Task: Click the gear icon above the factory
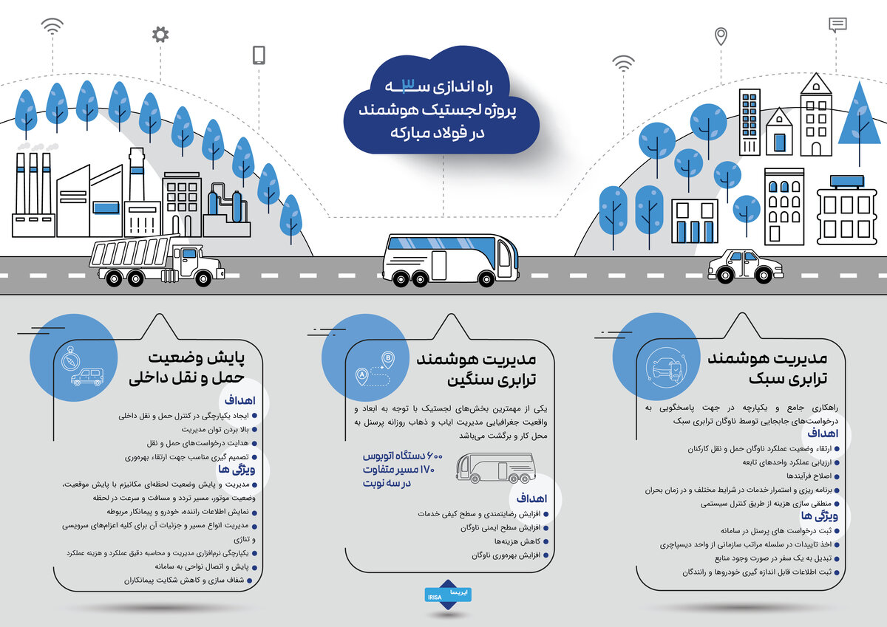tap(160, 34)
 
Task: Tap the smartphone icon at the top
tap(259, 55)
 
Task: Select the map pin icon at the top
tap(720, 36)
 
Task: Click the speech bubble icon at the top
tap(837, 24)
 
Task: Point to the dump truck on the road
tap(156, 261)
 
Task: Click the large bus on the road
tap(450, 259)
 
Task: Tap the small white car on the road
tap(744, 266)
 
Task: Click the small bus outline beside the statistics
tap(495, 468)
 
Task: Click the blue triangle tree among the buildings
tap(859, 118)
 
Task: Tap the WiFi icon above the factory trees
tap(52, 27)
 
